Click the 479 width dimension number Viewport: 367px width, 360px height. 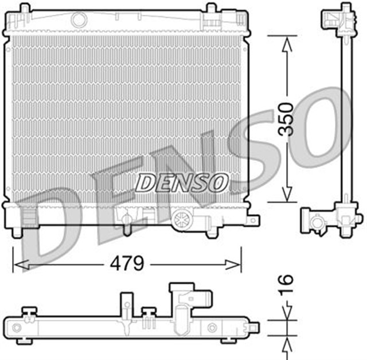(127, 265)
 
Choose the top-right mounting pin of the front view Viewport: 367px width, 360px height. (211, 8)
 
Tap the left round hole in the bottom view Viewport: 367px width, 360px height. (17, 328)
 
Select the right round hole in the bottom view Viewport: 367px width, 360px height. (212, 327)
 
